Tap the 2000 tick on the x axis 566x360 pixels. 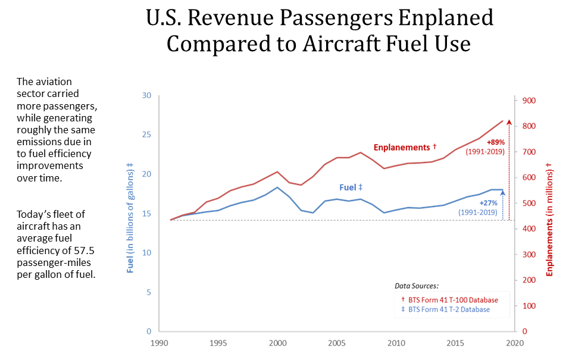point(277,343)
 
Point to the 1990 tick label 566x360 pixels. point(160,343)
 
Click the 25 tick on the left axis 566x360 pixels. point(147,134)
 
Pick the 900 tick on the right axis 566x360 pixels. point(530,101)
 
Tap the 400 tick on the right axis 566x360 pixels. point(530,229)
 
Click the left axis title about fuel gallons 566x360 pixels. point(130,218)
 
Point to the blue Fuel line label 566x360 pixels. point(351,187)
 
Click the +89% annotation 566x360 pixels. point(495,143)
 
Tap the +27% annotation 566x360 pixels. point(488,204)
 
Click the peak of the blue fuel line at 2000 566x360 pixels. point(277,187)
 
